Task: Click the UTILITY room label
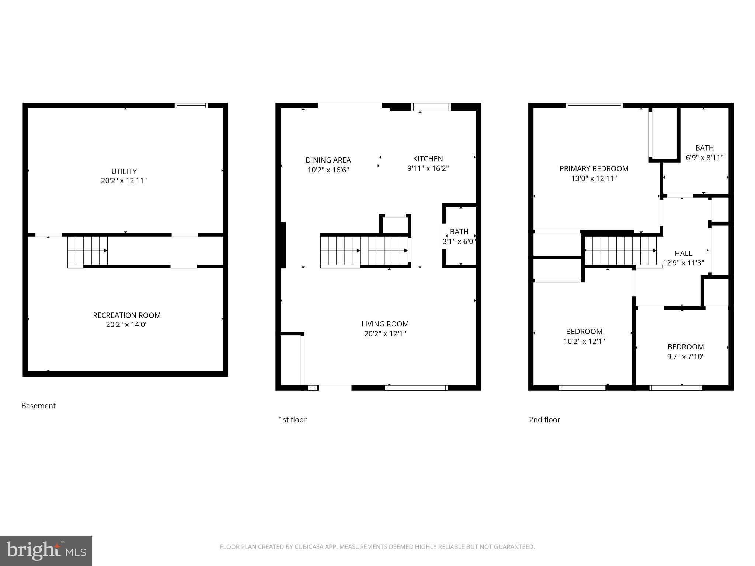[124, 171]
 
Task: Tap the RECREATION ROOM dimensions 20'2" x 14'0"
[126, 325]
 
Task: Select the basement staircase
[87, 251]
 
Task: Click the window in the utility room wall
[191, 105]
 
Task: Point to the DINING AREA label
[328, 160]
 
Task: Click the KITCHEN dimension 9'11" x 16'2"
[428, 169]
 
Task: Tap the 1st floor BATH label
[459, 232]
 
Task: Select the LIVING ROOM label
[385, 324]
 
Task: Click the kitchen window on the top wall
[431, 107]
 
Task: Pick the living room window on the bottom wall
[416, 388]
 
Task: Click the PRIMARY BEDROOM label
[594, 169]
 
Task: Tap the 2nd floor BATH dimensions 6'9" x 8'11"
[704, 158]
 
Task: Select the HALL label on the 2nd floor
[683, 253]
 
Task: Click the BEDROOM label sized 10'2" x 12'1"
[584, 331]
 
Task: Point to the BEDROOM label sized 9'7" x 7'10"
[685, 347]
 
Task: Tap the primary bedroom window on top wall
[594, 105]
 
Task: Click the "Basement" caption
[38, 406]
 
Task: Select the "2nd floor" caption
[544, 420]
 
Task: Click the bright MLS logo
[46, 551]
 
